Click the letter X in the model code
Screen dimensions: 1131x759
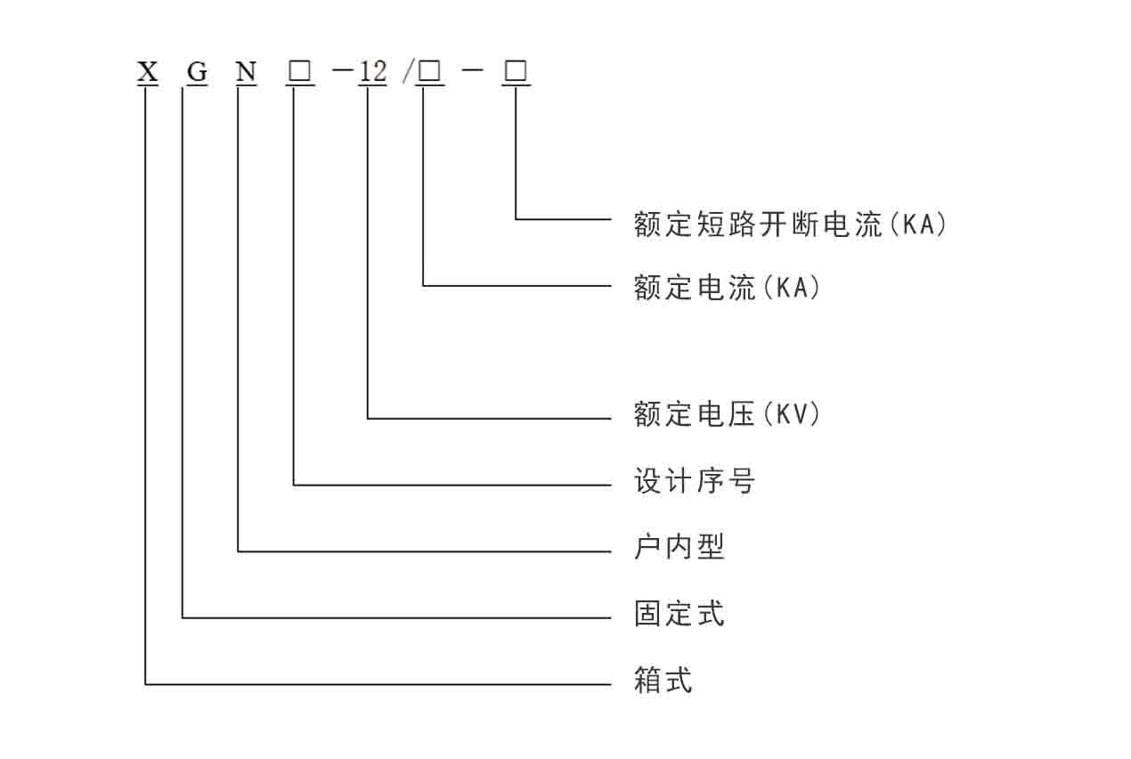click(x=148, y=71)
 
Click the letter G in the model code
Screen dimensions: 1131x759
click(x=197, y=71)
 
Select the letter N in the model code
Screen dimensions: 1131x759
click(x=246, y=71)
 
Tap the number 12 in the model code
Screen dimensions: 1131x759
click(x=372, y=71)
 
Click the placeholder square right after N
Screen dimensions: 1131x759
click(x=299, y=71)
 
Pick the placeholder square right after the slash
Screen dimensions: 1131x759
click(x=429, y=71)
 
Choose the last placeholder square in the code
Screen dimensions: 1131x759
click(x=516, y=71)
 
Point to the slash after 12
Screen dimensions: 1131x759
click(x=408, y=71)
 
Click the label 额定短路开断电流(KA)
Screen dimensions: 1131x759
click(x=790, y=224)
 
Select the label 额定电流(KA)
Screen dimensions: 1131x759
click(x=727, y=288)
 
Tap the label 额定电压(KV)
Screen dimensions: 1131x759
click(x=727, y=414)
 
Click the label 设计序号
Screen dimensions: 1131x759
click(x=695, y=480)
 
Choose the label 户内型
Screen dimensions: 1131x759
click(x=679, y=546)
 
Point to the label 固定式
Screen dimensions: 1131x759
click(x=679, y=613)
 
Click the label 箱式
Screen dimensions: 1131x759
click(x=663, y=680)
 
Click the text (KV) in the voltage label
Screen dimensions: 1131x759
click(x=792, y=414)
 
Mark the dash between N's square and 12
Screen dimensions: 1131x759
click(x=344, y=70)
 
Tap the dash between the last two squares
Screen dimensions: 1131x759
click(x=473, y=70)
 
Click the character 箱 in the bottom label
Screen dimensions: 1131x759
click(x=647, y=680)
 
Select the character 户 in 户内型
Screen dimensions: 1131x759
click(x=647, y=546)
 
